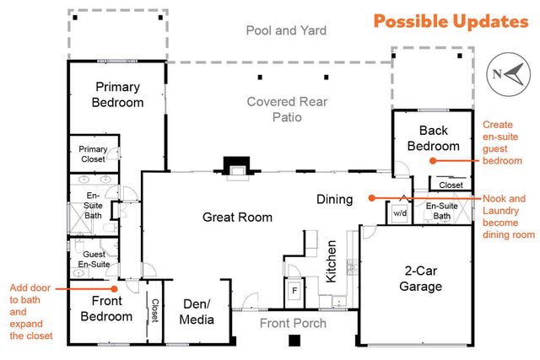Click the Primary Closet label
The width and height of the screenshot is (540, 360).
tap(93, 153)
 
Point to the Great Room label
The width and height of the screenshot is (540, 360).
tap(237, 218)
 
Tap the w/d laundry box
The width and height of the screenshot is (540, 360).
tap(400, 214)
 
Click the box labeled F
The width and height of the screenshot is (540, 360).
tap(294, 289)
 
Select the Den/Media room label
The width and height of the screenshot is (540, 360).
tap(197, 311)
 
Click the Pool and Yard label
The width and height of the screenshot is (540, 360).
tap(286, 31)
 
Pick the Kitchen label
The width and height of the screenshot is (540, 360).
tap(332, 261)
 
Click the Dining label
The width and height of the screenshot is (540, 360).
tap(334, 200)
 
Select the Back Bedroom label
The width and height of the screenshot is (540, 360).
tap(434, 137)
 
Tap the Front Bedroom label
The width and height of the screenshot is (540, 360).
tap(106, 309)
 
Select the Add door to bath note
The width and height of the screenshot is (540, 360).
tap(29, 311)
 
